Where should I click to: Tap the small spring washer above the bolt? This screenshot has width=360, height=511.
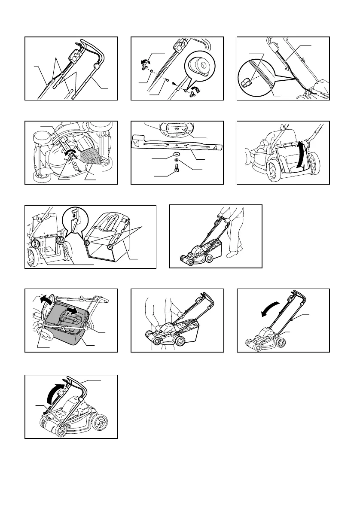pos(176,163)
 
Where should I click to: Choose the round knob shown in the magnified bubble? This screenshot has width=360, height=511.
pos(200,66)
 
